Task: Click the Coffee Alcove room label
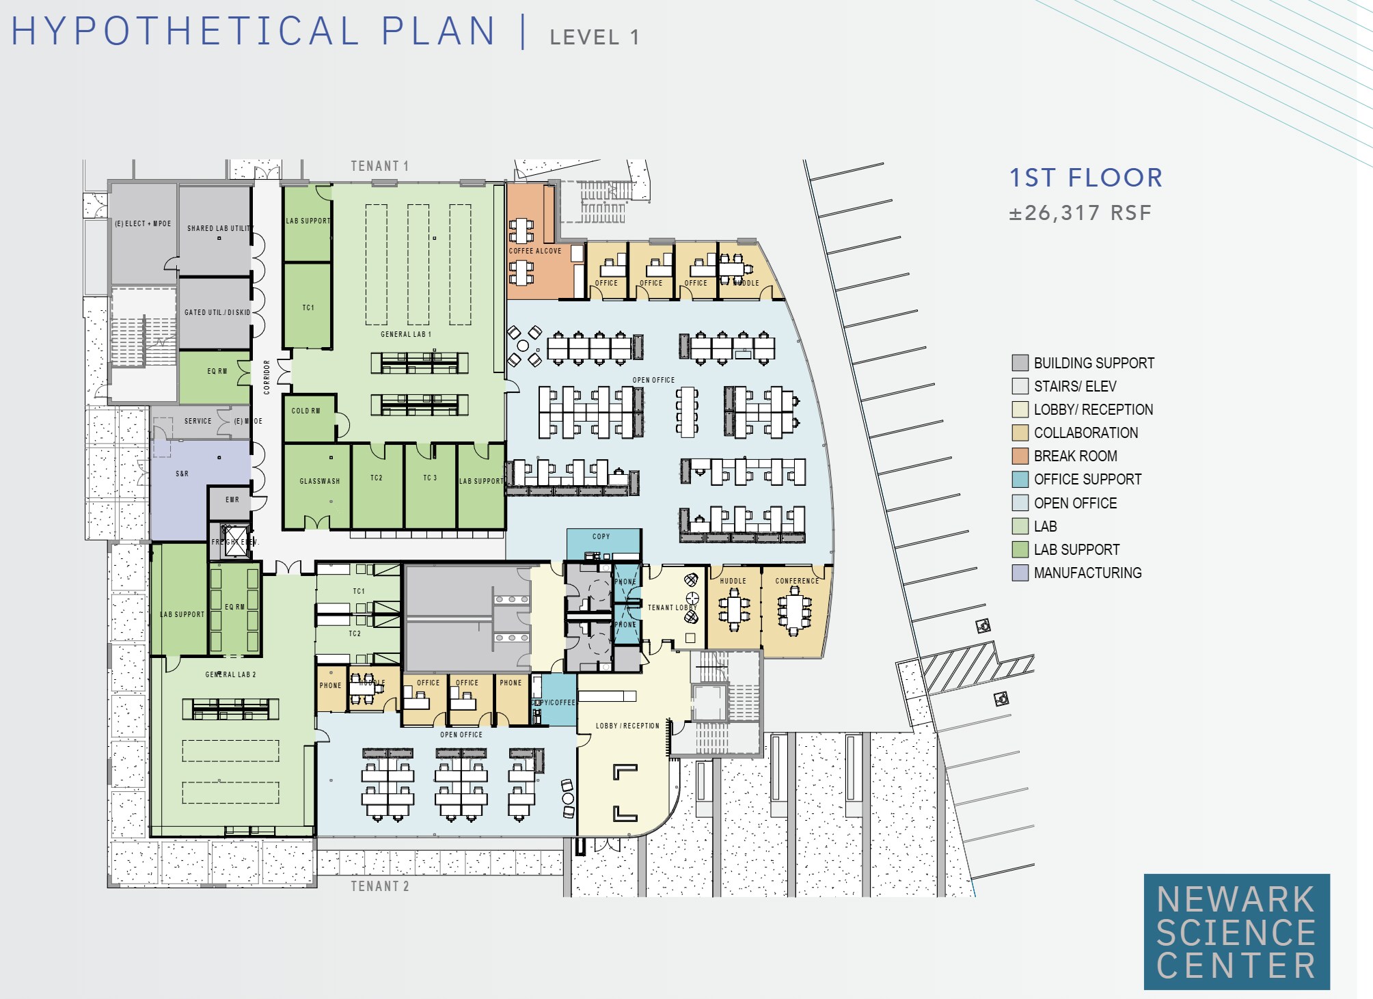(534, 251)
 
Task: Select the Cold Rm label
(305, 411)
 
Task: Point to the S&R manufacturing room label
(182, 474)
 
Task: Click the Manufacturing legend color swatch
(1020, 573)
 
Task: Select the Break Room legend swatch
(1020, 456)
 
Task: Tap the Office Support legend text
(1087, 479)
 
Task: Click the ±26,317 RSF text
(1080, 213)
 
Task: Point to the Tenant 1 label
(379, 166)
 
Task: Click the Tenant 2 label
(380, 886)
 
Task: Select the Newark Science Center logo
(1236, 931)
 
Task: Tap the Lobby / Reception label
(627, 726)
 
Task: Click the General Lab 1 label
(406, 334)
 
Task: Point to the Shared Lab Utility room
(214, 229)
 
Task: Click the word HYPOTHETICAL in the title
(185, 31)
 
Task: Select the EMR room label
(232, 499)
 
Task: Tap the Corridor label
(267, 377)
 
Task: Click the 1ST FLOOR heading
(1086, 178)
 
